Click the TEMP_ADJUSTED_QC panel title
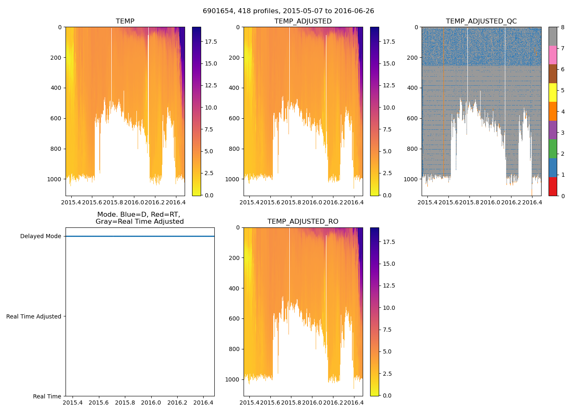tap(481, 21)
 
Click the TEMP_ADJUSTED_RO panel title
tap(303, 222)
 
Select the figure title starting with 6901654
tap(288, 11)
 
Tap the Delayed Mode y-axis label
tap(40, 236)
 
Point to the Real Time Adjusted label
tap(34, 316)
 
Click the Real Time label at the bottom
tap(47, 396)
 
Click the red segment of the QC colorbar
tap(553, 186)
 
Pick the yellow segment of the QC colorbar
tap(553, 92)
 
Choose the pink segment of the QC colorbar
tap(553, 55)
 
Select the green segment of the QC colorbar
tap(553, 149)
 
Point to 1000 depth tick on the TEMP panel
tap(55, 179)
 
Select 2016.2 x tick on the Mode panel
tap(177, 403)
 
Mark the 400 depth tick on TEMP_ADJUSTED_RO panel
tap(233, 288)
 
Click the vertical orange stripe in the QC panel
tap(443, 103)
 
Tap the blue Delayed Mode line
tap(140, 236)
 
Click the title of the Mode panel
tap(140, 218)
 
